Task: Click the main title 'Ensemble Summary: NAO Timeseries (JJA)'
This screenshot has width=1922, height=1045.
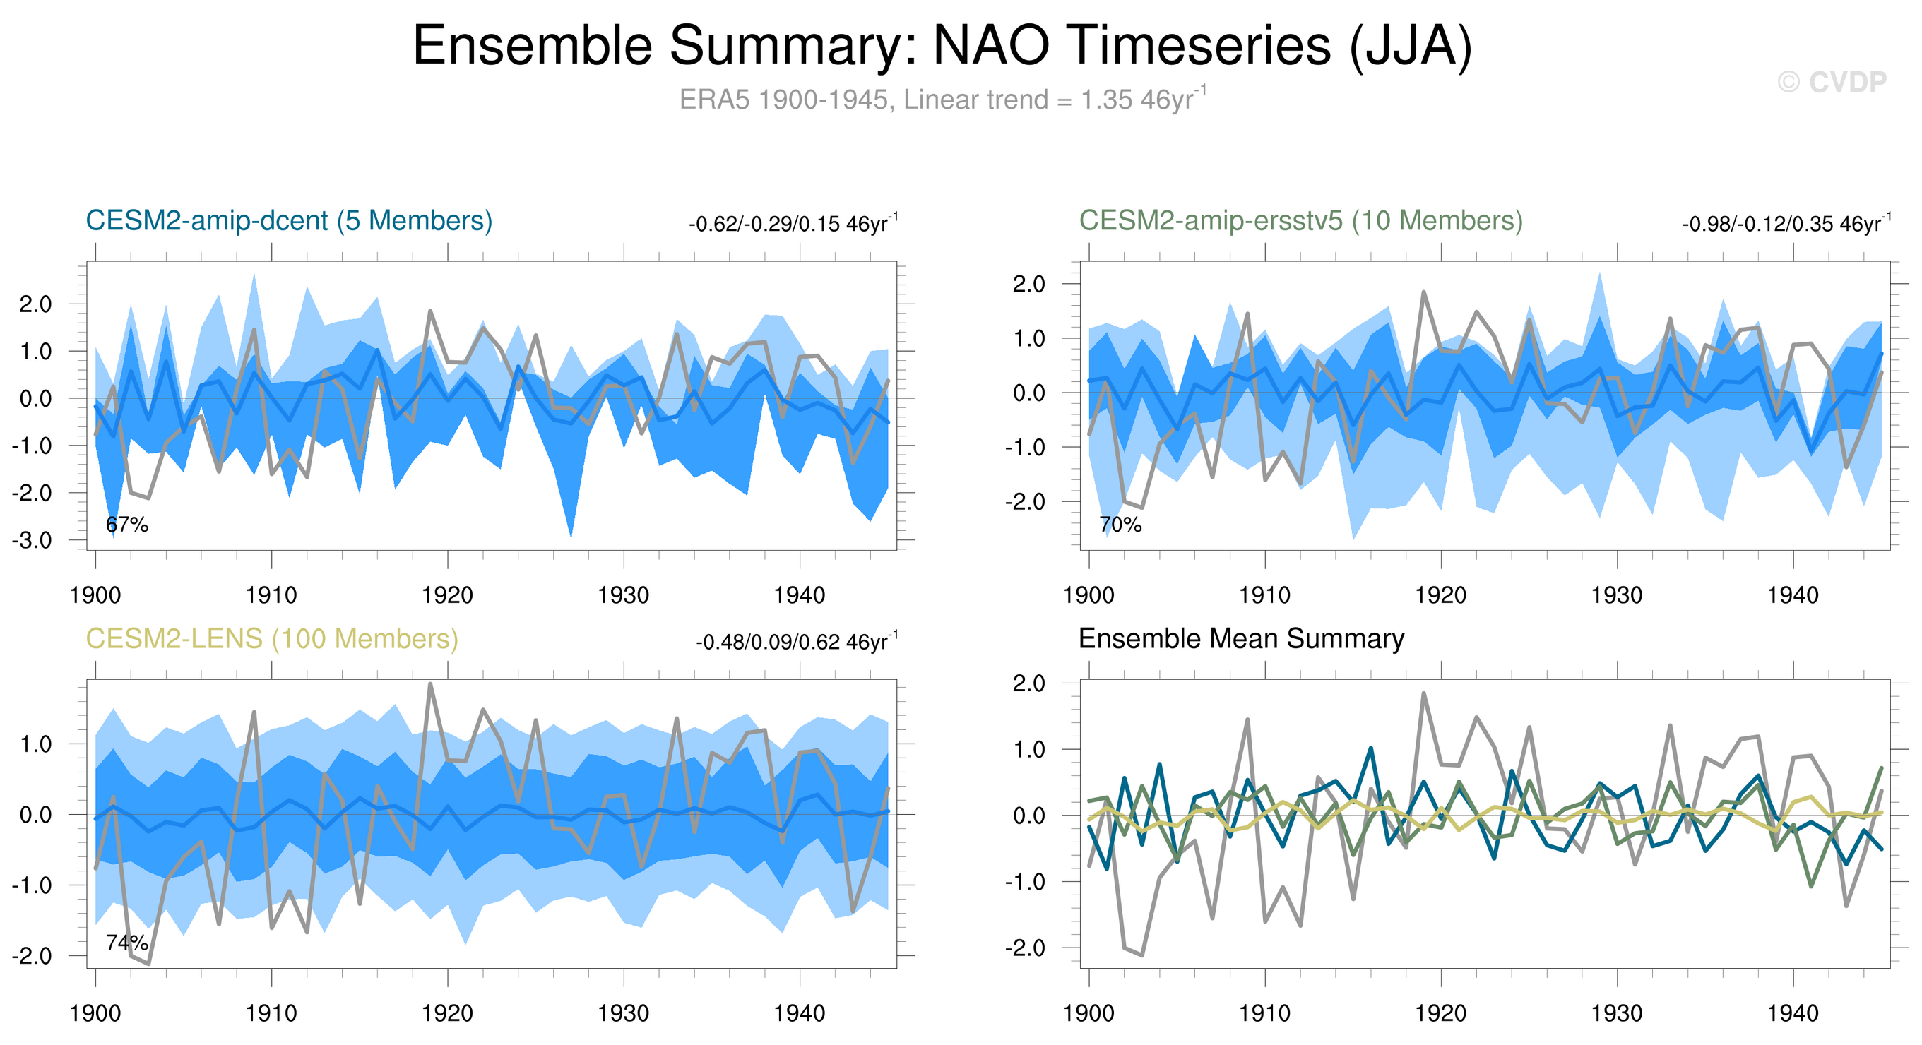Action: pyautogui.click(x=942, y=46)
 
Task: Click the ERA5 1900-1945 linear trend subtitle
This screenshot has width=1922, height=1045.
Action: pyautogui.click(x=942, y=99)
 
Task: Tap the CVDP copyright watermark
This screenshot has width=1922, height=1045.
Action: pyautogui.click(x=1832, y=82)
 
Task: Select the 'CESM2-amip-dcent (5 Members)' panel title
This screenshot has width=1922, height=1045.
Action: pyautogui.click(x=289, y=221)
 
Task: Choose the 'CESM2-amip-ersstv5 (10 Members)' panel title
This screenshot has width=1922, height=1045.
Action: pyautogui.click(x=1300, y=221)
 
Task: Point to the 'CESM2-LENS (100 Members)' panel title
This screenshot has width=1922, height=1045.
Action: pyautogui.click(x=271, y=639)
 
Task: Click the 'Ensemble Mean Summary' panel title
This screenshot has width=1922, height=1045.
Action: pyautogui.click(x=1242, y=639)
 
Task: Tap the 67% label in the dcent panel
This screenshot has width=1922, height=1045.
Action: pyautogui.click(x=127, y=525)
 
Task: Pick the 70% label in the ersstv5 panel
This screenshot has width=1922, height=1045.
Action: pyautogui.click(x=1121, y=525)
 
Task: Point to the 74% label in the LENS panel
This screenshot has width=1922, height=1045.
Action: pyautogui.click(x=127, y=943)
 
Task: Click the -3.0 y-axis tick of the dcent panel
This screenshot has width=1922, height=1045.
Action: pyautogui.click(x=31, y=540)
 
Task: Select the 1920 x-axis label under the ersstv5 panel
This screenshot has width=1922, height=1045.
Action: pyautogui.click(x=1441, y=595)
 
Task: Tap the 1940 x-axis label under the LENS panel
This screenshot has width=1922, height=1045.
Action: pyautogui.click(x=800, y=1014)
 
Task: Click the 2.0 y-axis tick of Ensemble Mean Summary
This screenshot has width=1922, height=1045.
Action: pyautogui.click(x=1030, y=683)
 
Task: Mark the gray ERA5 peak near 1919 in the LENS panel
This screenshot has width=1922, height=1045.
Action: pyautogui.click(x=430, y=684)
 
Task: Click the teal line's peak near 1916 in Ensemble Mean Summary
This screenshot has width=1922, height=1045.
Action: pyautogui.click(x=1370, y=748)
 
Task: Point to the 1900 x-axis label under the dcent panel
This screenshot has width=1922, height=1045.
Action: pyautogui.click(x=95, y=595)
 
